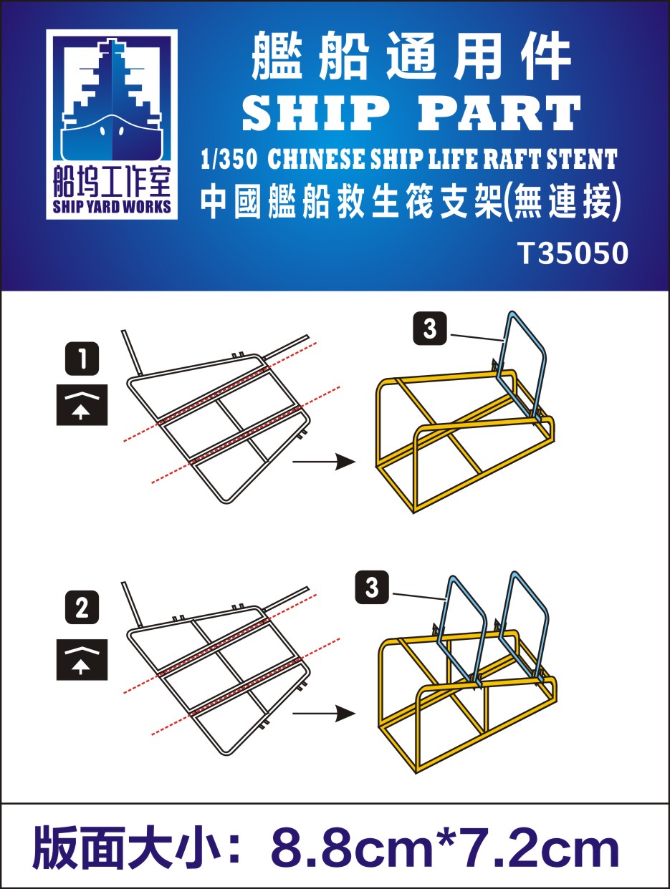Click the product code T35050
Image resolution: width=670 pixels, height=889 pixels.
(573, 253)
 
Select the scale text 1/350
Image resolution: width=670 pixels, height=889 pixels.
(229, 159)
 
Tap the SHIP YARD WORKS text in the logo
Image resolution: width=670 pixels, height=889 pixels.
(112, 207)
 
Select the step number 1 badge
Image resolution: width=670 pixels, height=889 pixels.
(82, 359)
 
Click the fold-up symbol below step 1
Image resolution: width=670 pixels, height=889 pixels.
(82, 404)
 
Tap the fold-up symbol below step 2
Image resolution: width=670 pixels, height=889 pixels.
(82, 660)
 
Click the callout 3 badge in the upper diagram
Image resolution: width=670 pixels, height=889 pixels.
(430, 329)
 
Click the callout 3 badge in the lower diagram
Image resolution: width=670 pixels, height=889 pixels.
(372, 588)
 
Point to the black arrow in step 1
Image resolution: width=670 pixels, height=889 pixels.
(323, 462)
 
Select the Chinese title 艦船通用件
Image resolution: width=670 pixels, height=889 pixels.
(412, 57)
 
